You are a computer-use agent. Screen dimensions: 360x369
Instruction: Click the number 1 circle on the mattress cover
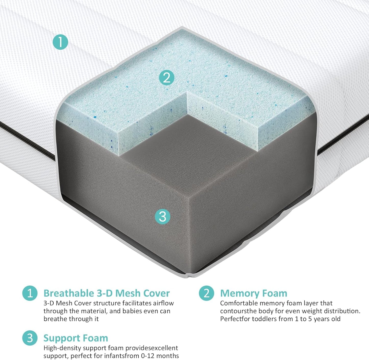pos(60,42)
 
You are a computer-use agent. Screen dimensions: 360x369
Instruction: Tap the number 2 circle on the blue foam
pos(166,77)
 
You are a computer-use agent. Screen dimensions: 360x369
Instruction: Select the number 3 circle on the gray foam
pos(163,217)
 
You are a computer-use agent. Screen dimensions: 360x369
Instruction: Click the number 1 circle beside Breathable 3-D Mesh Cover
pos(30,293)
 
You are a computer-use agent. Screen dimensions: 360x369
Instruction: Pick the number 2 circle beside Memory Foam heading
pos(206,293)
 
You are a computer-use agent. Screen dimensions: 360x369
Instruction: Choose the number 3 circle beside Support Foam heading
pos(30,338)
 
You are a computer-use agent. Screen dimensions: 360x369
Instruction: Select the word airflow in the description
pos(163,303)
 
